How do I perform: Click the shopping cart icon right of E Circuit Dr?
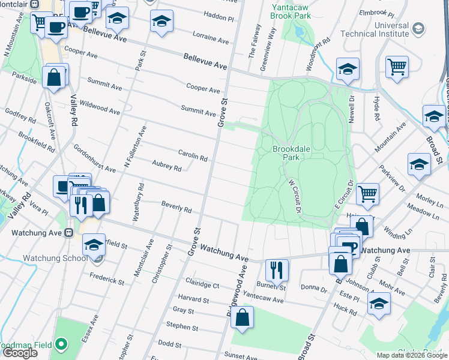367,193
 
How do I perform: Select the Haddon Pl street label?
218,19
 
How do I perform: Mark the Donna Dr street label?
313,289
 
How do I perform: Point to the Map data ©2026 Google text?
411,355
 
